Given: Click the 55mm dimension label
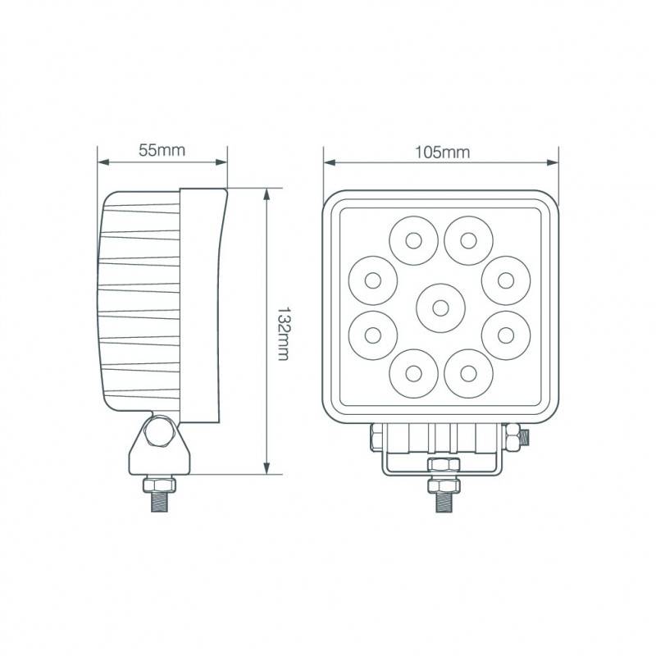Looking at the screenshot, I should tap(162, 150).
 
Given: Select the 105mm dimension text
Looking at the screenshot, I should tap(441, 152).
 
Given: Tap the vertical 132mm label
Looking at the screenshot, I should tap(283, 333).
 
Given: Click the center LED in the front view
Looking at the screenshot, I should tap(440, 307).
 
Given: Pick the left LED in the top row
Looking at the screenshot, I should tap(412, 240).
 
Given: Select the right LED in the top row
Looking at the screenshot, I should tap(468, 240).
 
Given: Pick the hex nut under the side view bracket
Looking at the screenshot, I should tap(159, 485).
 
